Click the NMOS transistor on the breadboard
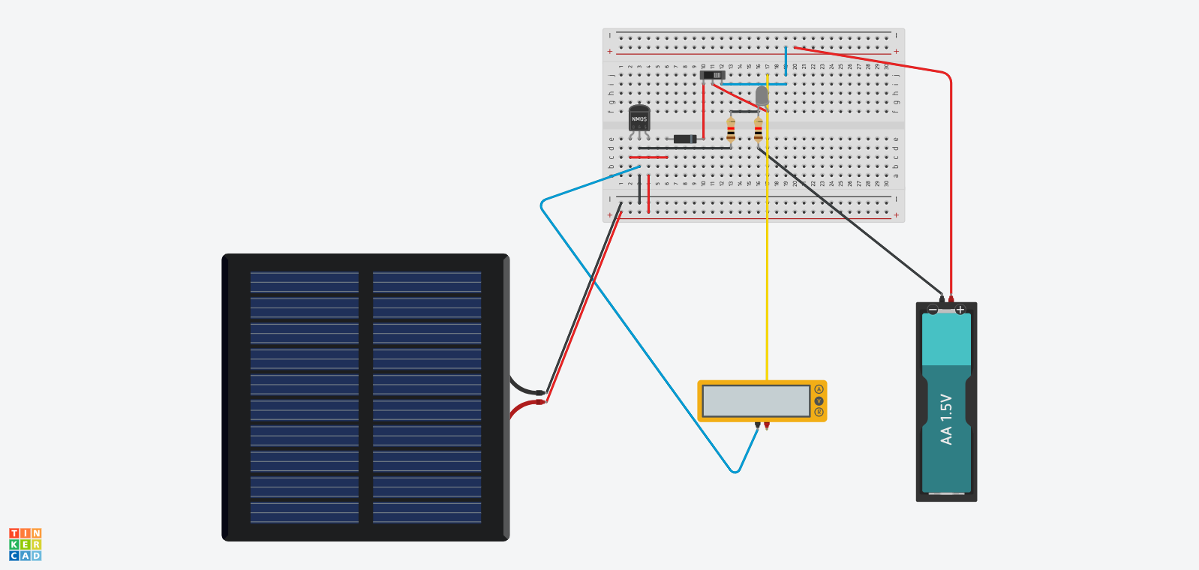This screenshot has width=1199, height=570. pos(639,118)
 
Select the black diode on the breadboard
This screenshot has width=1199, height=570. pos(684,139)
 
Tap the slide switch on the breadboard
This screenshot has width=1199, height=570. pos(712,75)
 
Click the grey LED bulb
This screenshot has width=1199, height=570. pos(762,95)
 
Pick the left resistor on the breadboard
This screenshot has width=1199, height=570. pos(731,129)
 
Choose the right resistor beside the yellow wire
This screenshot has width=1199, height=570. pos(759,130)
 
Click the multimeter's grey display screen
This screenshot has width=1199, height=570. pos(756,400)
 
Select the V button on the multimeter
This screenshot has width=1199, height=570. pos(819,400)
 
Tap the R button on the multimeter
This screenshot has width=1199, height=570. pos(819,412)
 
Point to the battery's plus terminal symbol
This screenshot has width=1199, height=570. pos(960,310)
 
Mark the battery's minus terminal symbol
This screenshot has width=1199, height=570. pos(933,310)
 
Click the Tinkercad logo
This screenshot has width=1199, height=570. pos(25,544)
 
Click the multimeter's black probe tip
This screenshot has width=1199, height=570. pos(757,426)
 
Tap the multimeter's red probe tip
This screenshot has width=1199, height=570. pos(766,426)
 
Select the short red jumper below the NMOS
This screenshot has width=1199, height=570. pos(648,157)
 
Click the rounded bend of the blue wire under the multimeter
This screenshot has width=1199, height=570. pos(735,471)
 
